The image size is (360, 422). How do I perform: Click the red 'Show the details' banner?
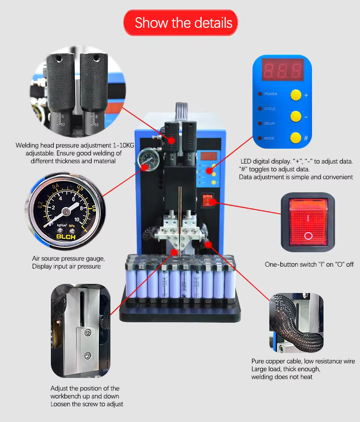[x=180, y=23]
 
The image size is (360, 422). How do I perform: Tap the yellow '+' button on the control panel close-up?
[x=296, y=94]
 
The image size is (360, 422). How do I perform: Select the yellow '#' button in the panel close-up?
[x=296, y=138]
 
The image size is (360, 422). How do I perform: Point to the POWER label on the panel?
[x=271, y=94]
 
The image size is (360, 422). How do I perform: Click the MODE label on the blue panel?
[x=269, y=138]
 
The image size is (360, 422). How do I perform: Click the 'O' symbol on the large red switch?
[x=308, y=236]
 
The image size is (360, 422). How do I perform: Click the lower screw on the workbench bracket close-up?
[x=87, y=355]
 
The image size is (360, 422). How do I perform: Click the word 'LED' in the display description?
[x=246, y=162]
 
